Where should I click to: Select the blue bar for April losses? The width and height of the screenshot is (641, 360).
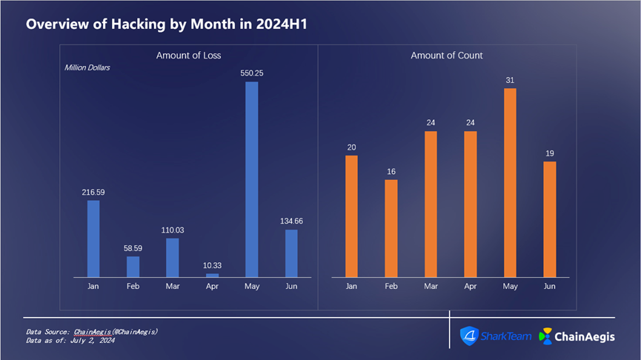coord(212,276)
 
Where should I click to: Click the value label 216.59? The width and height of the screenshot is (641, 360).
coord(93,193)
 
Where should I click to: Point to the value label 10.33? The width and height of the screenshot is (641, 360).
coord(212,266)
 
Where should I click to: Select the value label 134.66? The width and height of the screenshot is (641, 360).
coord(291,221)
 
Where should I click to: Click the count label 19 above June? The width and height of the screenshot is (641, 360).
coord(549,153)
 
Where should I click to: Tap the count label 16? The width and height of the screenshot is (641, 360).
coord(391,172)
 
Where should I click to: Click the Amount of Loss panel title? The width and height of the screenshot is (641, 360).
coord(188,56)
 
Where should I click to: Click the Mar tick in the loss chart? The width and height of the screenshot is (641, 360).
coord(172,286)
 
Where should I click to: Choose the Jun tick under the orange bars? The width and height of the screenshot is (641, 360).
coord(549,286)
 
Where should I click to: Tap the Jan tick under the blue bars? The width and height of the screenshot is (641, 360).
coord(93,286)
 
